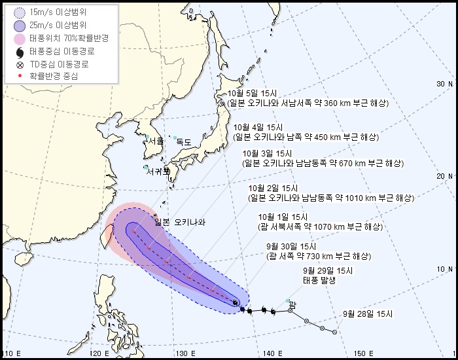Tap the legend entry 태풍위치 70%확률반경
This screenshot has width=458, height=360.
(x=63, y=38)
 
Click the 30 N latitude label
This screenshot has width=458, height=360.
(x=445, y=84)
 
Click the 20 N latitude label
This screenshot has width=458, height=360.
(x=445, y=176)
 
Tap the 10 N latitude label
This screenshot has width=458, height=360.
(x=445, y=269)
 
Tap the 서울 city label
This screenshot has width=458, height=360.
(x=156, y=141)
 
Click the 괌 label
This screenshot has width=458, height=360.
(x=292, y=305)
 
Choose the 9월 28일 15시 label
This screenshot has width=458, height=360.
(x=367, y=314)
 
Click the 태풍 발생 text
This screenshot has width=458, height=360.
(x=318, y=280)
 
